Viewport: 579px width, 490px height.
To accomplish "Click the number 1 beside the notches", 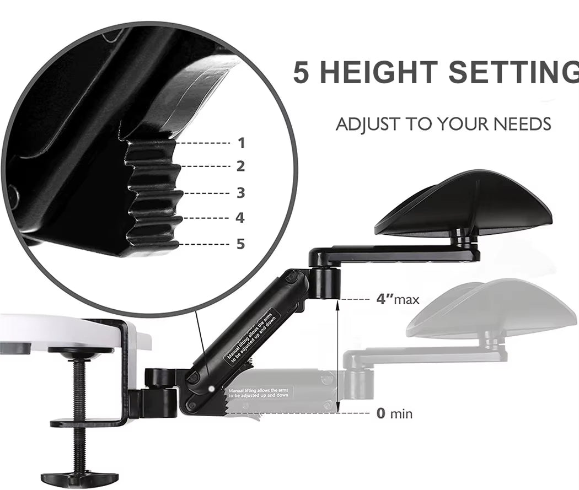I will (241, 143).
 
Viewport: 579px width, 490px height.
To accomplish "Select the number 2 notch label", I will (240, 166).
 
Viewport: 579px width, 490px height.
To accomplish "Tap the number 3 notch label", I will (240, 193).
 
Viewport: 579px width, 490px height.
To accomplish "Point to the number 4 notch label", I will (240, 218).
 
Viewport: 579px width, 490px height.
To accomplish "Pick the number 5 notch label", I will (240, 244).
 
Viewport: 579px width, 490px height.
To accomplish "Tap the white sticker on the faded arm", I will (261, 392).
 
